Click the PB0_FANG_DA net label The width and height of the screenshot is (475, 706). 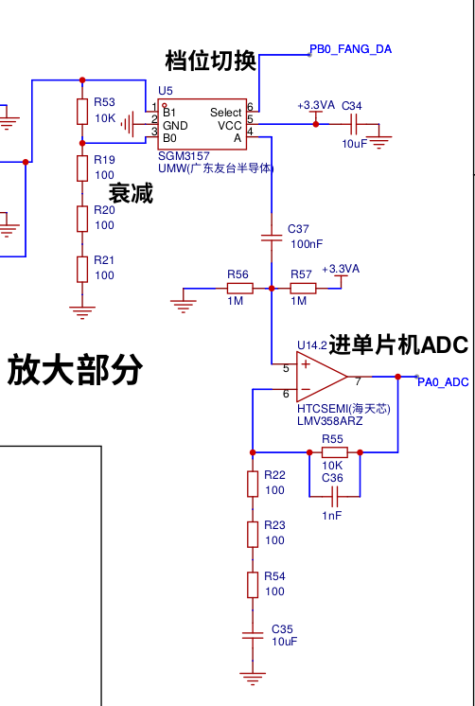[x=350, y=49]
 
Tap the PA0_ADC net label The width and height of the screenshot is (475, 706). [x=443, y=382]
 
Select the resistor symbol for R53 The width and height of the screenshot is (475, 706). [x=82, y=112]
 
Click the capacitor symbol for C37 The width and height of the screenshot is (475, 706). [x=272, y=238]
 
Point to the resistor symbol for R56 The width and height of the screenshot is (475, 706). [x=240, y=288]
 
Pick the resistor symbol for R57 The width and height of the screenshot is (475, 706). [x=303, y=288]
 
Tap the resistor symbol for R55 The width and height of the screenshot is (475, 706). [x=335, y=452]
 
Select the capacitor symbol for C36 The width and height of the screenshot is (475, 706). [x=335, y=497]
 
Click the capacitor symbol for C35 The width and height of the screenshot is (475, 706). [x=253, y=636]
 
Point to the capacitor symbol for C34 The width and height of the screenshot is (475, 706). [x=354, y=124]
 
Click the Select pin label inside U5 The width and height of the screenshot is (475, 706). [x=225, y=112]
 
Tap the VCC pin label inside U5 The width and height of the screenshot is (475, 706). [x=230, y=126]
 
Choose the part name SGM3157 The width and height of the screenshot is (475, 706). [x=184, y=156]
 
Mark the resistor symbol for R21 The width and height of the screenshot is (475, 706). [x=82, y=270]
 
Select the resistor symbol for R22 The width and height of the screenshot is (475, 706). [x=253, y=484]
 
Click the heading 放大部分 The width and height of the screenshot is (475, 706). [x=75, y=370]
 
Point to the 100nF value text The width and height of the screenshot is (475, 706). [x=307, y=244]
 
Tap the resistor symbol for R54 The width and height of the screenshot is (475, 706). [x=253, y=585]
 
